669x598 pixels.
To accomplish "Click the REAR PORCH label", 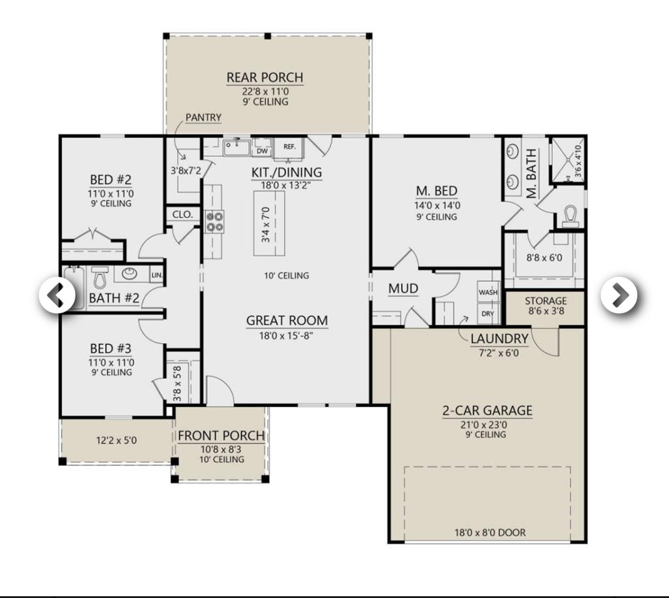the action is point(265,78).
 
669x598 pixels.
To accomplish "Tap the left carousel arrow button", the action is point(57,295).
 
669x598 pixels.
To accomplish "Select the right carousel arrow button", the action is point(619,295).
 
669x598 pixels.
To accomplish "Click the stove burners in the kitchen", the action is point(215,222).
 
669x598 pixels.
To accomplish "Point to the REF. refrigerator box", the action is point(289,147).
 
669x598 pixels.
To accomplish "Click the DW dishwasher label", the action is point(263,151).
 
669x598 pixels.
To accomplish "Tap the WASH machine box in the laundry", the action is point(488,292).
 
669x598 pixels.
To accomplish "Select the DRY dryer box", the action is point(487,313).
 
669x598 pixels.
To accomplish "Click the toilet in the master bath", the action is point(570,216).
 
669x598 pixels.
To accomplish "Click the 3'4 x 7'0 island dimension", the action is point(266,224).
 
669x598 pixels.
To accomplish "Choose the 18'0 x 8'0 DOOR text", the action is point(490,532).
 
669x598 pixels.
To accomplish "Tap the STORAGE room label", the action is point(546,301).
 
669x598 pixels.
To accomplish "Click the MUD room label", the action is point(403,289).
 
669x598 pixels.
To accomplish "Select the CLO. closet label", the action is point(183,214).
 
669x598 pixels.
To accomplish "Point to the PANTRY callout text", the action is point(204,118).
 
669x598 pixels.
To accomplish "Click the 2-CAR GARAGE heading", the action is point(487,410).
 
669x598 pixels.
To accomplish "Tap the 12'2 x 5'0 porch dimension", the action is point(116,440).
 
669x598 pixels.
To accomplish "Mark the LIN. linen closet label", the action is point(157,275).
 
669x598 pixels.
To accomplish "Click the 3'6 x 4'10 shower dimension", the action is point(578,161).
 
